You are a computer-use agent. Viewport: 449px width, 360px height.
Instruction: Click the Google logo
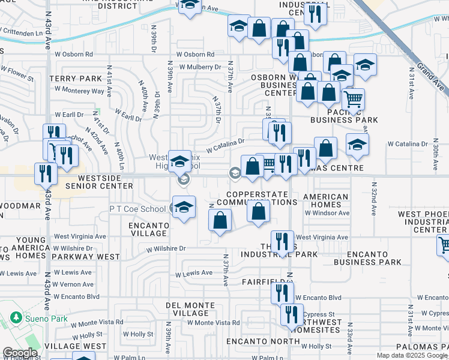(20, 353)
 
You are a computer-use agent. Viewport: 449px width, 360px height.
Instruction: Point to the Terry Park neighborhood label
(76, 79)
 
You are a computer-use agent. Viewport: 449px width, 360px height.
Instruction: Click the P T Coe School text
(137, 209)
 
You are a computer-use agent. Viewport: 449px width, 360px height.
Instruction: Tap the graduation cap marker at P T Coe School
(184, 208)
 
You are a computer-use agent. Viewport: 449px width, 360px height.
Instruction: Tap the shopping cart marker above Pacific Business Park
(353, 98)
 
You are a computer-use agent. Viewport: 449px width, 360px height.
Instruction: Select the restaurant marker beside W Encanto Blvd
(282, 293)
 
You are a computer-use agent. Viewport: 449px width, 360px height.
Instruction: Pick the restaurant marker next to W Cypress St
(292, 314)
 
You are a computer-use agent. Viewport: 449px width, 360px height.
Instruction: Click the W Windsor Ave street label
(327, 213)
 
